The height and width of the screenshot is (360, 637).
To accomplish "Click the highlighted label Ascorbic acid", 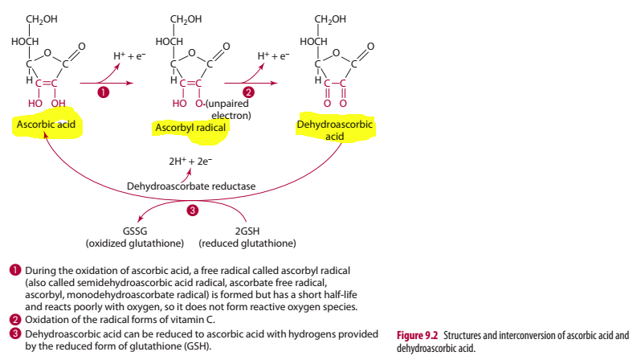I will click(x=44, y=125).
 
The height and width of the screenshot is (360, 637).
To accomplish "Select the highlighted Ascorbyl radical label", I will click(x=187, y=128).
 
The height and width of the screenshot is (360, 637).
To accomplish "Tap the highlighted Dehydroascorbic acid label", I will click(x=337, y=131).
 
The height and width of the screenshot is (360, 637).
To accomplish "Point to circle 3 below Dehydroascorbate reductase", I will click(x=192, y=211).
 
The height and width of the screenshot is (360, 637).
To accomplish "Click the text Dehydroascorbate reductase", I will click(x=191, y=186).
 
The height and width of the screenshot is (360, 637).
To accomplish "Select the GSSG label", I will click(x=134, y=231).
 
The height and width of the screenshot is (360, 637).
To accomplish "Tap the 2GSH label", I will click(x=247, y=231).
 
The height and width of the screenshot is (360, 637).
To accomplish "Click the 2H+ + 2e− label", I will click(x=190, y=161).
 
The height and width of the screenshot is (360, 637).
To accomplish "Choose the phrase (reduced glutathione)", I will click(x=247, y=243).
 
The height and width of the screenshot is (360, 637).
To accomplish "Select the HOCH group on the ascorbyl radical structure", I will click(x=169, y=40).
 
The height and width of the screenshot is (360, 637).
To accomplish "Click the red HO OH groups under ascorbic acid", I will click(x=47, y=104).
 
